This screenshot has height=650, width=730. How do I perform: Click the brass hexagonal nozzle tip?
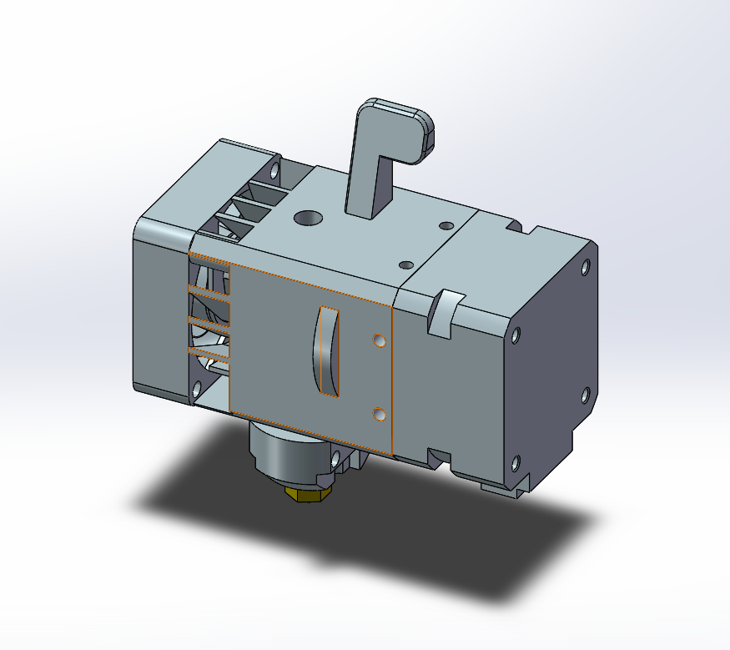307,494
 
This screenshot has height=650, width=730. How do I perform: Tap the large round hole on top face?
308,218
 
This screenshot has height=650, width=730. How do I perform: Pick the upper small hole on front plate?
380,341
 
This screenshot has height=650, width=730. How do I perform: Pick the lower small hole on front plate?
380,414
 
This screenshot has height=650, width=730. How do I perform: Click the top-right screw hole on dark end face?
585,268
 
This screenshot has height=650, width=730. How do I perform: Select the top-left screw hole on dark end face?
516,336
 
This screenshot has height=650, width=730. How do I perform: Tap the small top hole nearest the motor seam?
446,225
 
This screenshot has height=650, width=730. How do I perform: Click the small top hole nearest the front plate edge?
406,265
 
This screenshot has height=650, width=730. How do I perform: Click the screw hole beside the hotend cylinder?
336,459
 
